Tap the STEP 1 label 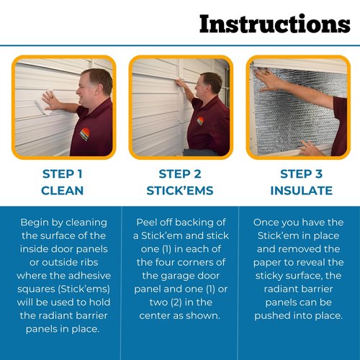(62, 174)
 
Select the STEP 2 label (179, 174)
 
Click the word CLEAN (62, 191)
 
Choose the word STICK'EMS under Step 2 (179, 191)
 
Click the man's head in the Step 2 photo (210, 83)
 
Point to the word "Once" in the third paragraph (272, 221)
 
